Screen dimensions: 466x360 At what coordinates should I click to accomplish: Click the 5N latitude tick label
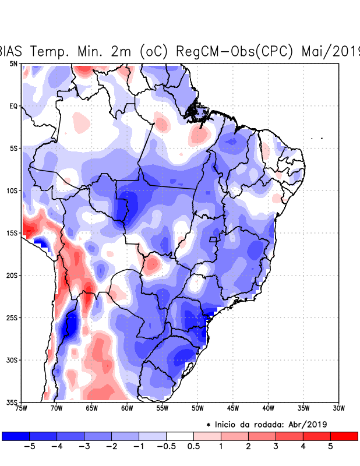click(x=13, y=63)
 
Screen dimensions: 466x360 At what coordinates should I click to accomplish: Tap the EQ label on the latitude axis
click(x=13, y=106)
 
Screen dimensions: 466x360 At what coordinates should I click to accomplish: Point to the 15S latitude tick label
click(x=12, y=233)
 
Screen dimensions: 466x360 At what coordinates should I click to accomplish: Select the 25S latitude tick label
click(x=12, y=317)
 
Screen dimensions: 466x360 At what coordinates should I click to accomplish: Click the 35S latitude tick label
click(x=12, y=402)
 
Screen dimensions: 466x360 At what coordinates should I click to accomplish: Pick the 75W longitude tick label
click(x=22, y=408)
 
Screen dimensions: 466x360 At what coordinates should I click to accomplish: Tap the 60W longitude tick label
click(x=127, y=408)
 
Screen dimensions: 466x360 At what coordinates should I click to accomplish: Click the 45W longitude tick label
click(x=233, y=408)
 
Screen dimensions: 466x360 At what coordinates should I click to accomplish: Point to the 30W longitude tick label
click(x=338, y=408)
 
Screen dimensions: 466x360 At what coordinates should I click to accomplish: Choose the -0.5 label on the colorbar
click(x=166, y=446)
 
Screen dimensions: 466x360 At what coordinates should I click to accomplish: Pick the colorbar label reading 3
click(x=276, y=446)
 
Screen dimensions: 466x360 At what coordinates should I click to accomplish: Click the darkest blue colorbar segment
click(x=16, y=436)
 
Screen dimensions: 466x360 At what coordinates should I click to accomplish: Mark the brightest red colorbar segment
click(x=344, y=436)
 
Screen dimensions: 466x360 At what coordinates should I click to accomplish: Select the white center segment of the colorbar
click(x=180, y=436)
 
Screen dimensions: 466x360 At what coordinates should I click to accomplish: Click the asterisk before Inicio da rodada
click(x=209, y=424)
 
